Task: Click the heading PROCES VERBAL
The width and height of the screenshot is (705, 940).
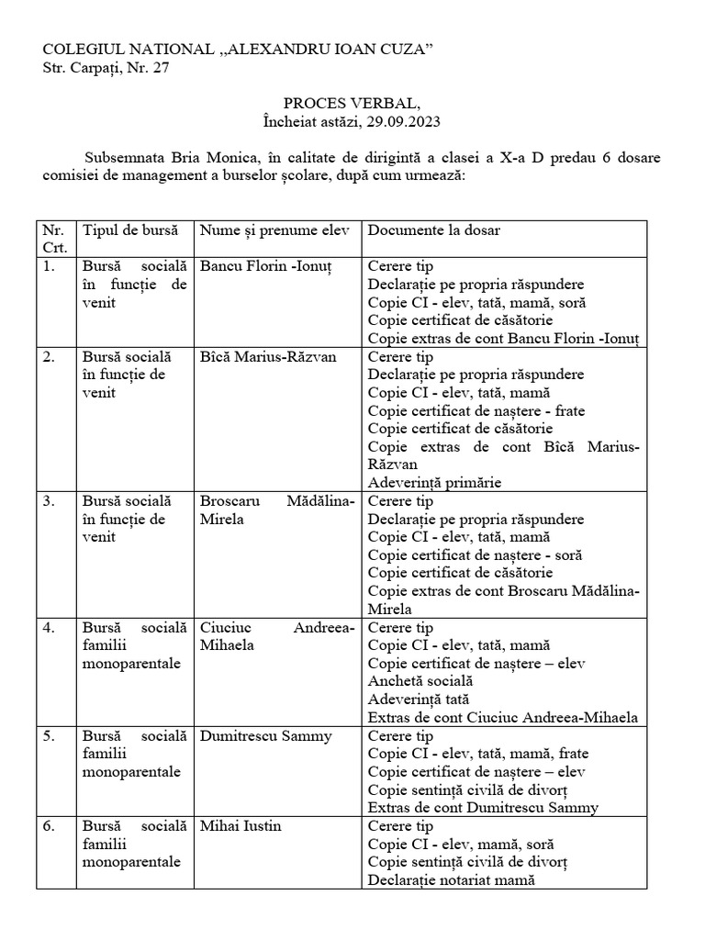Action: click(352, 105)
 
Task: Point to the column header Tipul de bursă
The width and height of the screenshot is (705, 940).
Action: click(130, 230)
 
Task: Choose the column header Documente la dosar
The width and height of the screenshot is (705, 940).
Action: click(433, 230)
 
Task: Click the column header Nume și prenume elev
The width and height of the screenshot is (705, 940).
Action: click(274, 230)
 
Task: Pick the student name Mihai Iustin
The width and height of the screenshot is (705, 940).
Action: click(241, 826)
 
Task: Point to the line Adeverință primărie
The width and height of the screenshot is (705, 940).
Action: click(434, 482)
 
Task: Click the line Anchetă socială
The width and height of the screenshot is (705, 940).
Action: click(420, 681)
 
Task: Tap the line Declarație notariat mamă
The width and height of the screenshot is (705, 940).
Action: click(451, 880)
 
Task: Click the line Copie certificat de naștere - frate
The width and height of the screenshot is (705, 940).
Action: click(476, 410)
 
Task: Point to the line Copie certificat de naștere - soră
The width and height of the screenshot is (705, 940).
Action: click(475, 554)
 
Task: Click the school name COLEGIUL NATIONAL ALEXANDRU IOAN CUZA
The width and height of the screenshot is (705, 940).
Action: click(227, 49)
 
